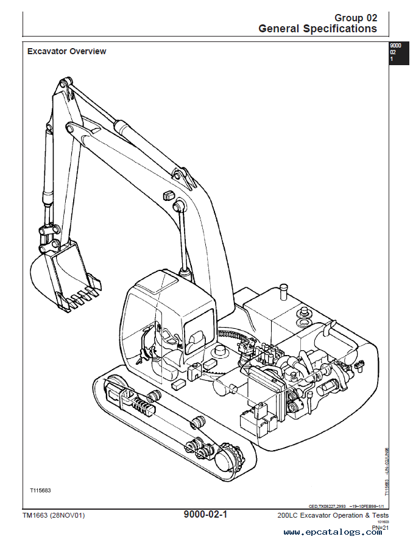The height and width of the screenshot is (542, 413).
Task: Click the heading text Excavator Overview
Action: (x=66, y=51)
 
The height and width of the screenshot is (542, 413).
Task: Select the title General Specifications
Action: (x=317, y=28)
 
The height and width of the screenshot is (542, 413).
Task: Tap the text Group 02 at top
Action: (x=356, y=18)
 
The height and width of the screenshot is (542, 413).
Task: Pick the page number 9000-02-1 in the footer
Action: (x=205, y=515)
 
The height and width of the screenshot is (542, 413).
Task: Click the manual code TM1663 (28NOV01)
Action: (x=54, y=516)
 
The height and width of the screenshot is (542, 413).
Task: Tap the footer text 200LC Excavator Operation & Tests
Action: (x=332, y=516)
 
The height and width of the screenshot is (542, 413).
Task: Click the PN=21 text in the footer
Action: (x=380, y=527)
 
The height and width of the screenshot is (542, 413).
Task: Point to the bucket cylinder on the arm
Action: (x=46, y=177)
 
